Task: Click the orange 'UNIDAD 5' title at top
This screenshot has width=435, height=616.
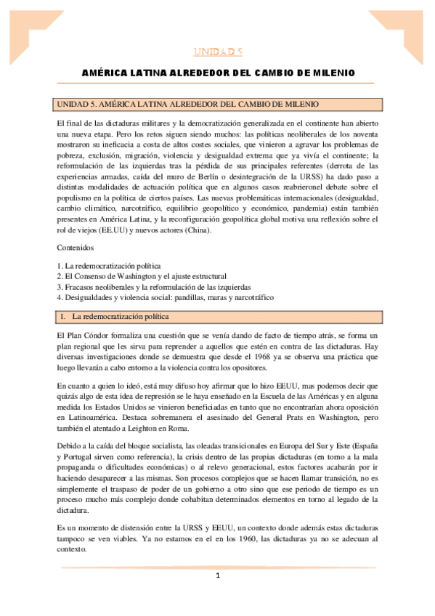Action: [217, 52]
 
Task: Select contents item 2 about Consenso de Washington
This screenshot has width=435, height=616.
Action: [142, 276]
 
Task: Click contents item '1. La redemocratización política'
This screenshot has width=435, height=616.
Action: [109, 266]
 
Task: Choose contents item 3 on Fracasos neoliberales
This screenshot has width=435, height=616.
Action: [154, 287]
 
